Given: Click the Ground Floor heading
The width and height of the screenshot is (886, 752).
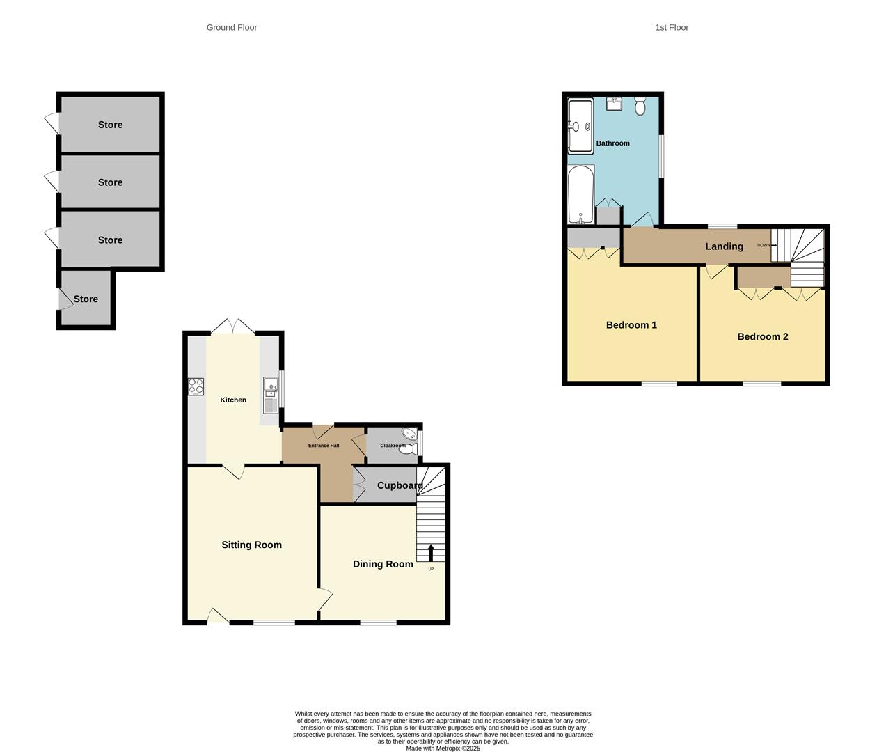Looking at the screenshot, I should click(232, 28).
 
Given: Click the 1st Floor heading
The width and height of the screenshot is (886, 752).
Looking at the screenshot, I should click(672, 28).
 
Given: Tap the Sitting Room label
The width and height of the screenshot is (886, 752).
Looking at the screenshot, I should click(251, 545).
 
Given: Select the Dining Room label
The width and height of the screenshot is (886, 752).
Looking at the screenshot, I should click(383, 564).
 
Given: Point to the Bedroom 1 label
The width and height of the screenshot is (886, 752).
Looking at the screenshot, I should click(631, 325).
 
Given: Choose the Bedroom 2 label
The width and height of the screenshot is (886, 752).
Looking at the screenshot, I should click(763, 336).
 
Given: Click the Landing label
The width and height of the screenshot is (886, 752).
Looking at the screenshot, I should click(724, 246).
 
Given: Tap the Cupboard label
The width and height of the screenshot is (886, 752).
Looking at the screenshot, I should click(400, 485).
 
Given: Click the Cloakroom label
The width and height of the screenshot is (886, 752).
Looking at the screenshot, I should click(393, 446).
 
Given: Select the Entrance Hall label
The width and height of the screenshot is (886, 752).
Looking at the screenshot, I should click(324, 446).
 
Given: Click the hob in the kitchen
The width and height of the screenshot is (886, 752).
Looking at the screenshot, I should click(196, 386).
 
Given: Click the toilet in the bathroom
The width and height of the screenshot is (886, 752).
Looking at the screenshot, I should click(640, 107).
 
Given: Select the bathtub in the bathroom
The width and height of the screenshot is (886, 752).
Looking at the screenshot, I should click(580, 194).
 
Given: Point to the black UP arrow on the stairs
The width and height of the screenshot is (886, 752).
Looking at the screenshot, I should click(431, 552).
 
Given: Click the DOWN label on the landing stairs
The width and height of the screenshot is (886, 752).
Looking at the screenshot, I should click(764, 245).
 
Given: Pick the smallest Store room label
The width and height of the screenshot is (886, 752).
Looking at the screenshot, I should click(86, 299).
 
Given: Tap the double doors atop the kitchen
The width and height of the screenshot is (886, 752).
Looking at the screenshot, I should click(232, 326).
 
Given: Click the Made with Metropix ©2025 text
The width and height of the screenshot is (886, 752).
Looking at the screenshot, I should click(443, 749).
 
